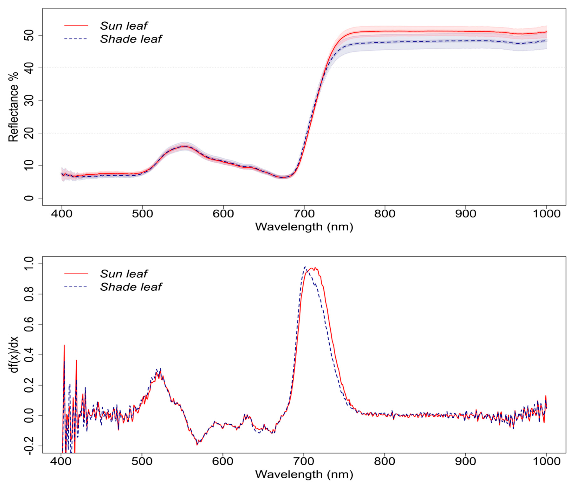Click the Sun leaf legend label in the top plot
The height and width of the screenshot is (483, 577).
tap(124, 26)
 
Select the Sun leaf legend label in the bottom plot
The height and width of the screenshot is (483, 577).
tap(124, 274)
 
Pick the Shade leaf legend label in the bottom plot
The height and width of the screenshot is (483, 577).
tap(131, 287)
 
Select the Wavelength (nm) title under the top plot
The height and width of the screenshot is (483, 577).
tap(304, 227)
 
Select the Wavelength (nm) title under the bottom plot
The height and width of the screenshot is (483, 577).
tap(304, 474)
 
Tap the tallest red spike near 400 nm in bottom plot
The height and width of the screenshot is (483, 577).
tap(64, 345)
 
